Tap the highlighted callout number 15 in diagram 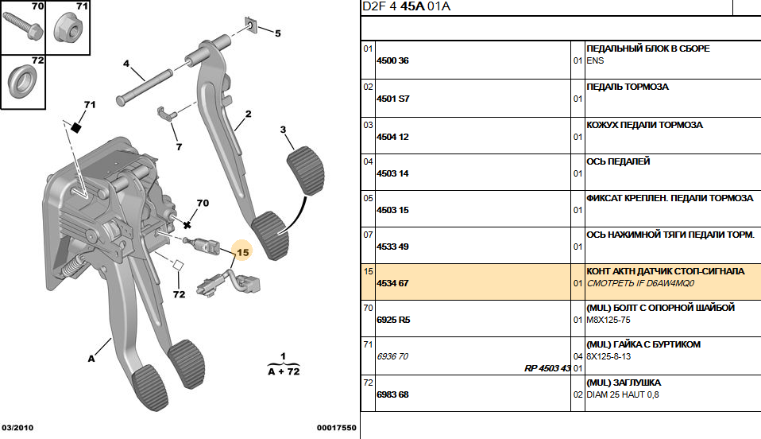(242, 252)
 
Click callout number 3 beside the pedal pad (284, 130)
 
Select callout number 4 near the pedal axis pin (126, 64)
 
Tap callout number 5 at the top (277, 33)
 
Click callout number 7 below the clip (179, 146)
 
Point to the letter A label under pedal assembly (92, 359)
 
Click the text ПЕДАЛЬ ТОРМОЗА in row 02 (627, 87)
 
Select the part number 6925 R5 (392, 320)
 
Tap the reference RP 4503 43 (547, 368)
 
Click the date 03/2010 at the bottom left (17, 427)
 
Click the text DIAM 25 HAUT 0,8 (622, 394)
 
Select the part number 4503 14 (392, 173)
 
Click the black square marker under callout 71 (77, 126)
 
